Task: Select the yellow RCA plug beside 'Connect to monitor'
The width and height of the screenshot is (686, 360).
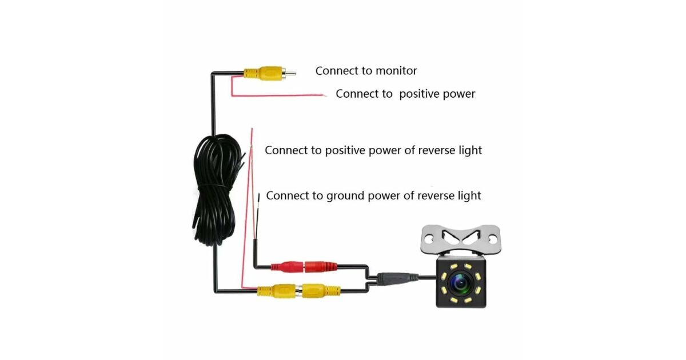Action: pos(262,73)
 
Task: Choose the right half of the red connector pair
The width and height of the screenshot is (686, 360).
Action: pos(320,266)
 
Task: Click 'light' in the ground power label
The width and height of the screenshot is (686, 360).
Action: pos(467,195)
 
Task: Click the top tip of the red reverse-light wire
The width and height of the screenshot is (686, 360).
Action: pos(252,133)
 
